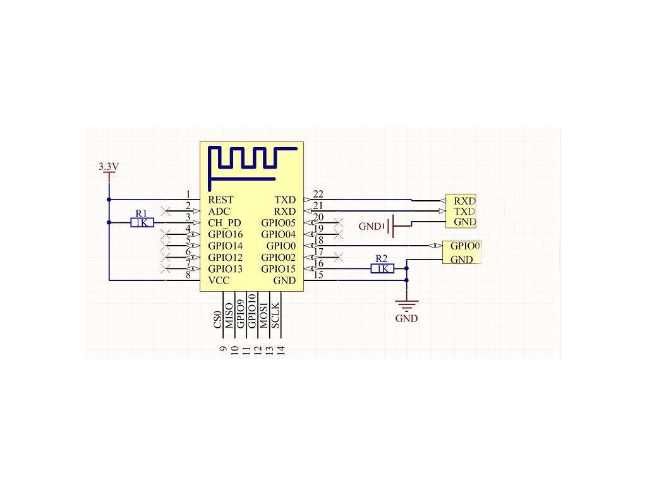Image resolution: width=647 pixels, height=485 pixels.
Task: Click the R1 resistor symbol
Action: (x=142, y=222)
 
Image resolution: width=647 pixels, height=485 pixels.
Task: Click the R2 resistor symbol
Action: (x=382, y=268)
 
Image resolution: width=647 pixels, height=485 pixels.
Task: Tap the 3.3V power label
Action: (x=109, y=167)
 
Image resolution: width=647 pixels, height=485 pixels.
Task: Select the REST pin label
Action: (x=221, y=200)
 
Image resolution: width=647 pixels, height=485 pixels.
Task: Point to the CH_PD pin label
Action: (x=224, y=223)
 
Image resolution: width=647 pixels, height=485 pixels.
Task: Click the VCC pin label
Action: (x=219, y=280)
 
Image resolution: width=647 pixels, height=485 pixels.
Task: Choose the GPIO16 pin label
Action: (x=226, y=234)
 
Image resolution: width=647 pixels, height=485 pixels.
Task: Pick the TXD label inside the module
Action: (x=284, y=200)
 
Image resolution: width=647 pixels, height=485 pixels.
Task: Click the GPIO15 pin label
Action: (x=278, y=269)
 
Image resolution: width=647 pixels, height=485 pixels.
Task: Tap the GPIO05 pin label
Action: (x=278, y=223)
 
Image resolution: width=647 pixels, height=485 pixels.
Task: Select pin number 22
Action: (x=318, y=194)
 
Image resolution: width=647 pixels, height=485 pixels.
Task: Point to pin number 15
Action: (x=318, y=275)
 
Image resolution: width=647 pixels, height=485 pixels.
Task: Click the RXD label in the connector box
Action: (x=464, y=200)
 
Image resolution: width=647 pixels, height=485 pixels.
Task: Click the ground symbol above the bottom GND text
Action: (x=406, y=304)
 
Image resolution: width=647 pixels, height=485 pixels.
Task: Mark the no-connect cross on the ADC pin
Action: (x=166, y=210)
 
